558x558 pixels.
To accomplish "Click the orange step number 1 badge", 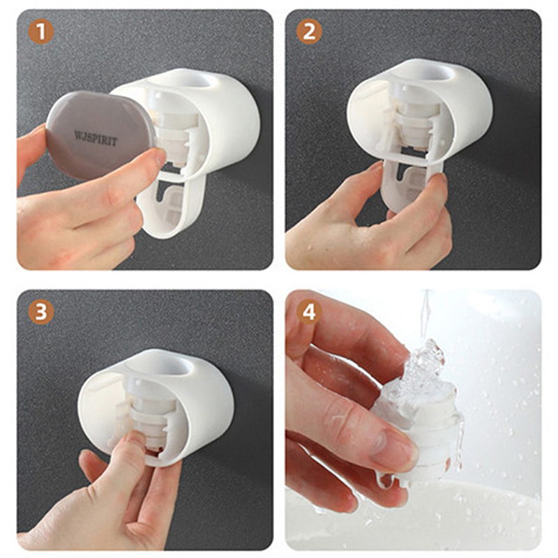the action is coord(41,31).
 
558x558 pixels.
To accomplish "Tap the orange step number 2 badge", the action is coord(309,31).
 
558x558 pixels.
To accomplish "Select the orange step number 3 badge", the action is coord(41,311).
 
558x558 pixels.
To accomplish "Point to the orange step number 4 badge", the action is coord(309,311).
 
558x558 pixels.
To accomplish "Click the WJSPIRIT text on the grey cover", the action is coord(96,139).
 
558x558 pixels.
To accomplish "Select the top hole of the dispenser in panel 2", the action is coord(433,73).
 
